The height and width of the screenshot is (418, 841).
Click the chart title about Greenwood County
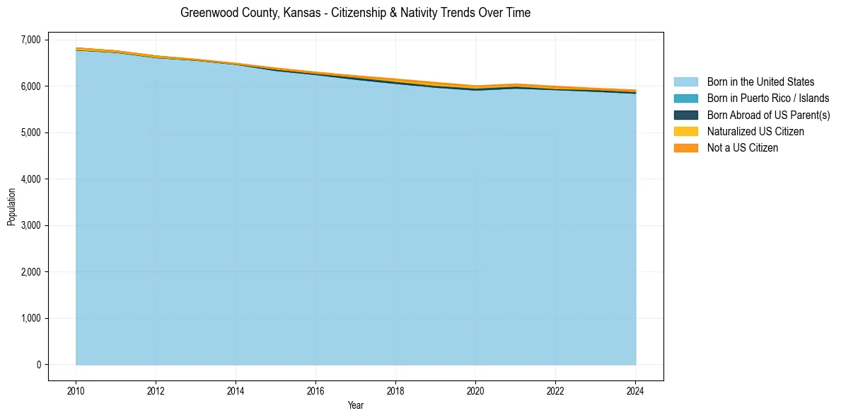355,13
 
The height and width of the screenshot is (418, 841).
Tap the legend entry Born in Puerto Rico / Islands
767,98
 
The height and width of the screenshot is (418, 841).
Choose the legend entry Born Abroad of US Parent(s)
768,115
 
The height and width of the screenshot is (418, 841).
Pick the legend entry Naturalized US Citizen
755,132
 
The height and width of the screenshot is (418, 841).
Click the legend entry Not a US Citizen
742,148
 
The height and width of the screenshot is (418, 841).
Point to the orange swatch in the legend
685,148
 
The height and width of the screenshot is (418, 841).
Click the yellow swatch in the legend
685,132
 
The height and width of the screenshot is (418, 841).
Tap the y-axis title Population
11,207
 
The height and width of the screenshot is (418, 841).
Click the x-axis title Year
356,405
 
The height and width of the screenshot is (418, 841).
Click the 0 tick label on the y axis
39,365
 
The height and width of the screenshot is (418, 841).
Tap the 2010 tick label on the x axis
76,390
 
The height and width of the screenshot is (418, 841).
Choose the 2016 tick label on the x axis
315,390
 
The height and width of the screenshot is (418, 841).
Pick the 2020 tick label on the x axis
475,390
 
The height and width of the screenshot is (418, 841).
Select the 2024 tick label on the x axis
635,390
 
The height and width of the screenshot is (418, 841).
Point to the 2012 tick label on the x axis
156,390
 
